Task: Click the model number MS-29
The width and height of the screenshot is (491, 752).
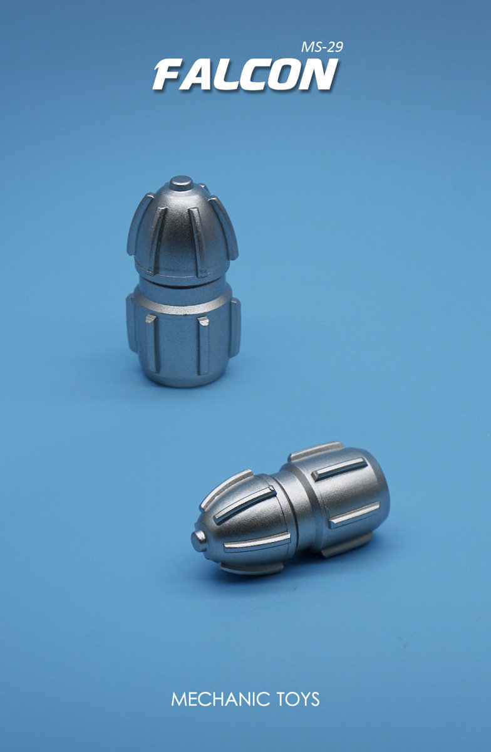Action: (322, 46)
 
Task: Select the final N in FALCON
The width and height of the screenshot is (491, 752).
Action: (319, 74)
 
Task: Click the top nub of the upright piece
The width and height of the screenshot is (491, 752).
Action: (181, 183)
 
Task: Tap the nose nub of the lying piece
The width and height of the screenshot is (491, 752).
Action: (199, 541)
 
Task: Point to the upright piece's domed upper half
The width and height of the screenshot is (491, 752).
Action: (182, 232)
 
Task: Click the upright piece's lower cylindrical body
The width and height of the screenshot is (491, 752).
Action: (183, 339)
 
